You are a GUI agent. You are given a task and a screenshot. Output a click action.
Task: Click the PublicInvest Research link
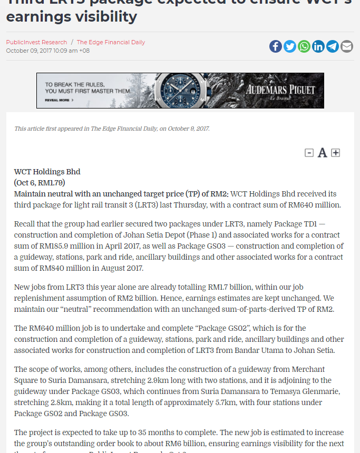[x=36, y=42]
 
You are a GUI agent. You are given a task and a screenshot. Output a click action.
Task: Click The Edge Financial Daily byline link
[x=111, y=42]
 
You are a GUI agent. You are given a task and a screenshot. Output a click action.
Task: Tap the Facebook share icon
[x=276, y=46]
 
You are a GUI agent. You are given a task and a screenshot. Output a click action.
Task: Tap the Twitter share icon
[x=290, y=46]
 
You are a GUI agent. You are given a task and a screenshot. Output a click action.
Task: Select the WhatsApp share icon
[x=304, y=46]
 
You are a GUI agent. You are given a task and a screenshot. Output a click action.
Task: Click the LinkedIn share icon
[x=318, y=46]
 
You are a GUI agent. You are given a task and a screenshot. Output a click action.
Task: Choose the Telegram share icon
[x=333, y=46]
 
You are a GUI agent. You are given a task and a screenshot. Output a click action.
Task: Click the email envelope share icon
[x=347, y=46]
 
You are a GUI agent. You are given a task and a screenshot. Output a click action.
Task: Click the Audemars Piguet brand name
[x=280, y=90]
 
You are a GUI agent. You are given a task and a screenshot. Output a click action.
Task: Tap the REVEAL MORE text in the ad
[x=57, y=100]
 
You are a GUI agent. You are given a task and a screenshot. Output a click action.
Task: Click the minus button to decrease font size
[x=309, y=153]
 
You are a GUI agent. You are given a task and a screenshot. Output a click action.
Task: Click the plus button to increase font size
[x=336, y=153]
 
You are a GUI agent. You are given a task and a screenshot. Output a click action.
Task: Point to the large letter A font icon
[x=322, y=153]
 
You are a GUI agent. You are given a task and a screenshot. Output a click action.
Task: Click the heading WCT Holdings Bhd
[x=47, y=172]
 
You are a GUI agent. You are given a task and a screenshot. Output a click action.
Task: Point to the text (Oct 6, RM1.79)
[x=40, y=183]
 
